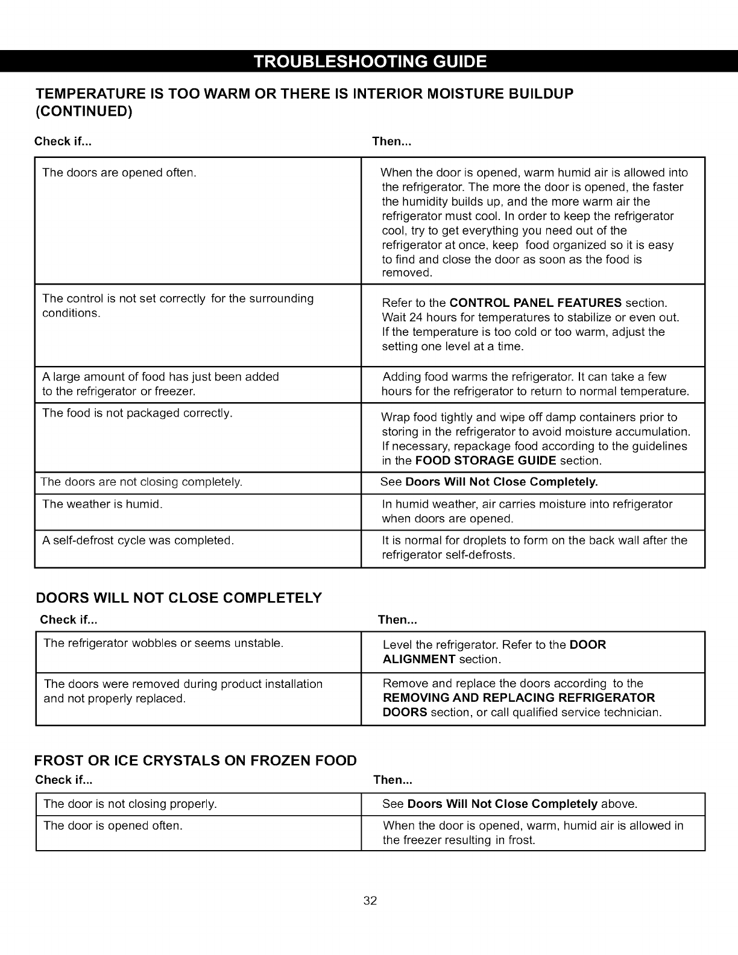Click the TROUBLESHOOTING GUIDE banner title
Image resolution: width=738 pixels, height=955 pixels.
370,62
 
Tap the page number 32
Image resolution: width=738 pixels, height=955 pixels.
370,901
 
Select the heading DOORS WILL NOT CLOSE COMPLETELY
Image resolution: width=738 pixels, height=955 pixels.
179,598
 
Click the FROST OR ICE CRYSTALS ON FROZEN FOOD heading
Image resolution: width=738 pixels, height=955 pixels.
196,760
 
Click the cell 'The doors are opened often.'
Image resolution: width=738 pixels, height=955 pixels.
119,173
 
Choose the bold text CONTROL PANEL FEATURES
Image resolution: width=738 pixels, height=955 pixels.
536,303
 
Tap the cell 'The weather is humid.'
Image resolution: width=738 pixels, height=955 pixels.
102,504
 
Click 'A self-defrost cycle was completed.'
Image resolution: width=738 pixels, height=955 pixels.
138,540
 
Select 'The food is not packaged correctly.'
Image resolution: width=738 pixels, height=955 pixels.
137,413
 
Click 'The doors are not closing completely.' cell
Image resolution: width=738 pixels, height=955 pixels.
141,482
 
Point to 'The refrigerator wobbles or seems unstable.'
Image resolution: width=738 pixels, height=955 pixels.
163,643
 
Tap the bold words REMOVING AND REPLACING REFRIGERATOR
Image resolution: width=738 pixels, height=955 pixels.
519,698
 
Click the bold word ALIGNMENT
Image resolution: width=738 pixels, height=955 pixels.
419,660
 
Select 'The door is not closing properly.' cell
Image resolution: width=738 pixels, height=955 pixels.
130,804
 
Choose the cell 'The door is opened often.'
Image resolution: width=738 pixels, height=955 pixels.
113,825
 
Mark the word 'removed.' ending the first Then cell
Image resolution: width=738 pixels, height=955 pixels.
408,274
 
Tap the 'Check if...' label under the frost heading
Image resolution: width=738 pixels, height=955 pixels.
63,780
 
